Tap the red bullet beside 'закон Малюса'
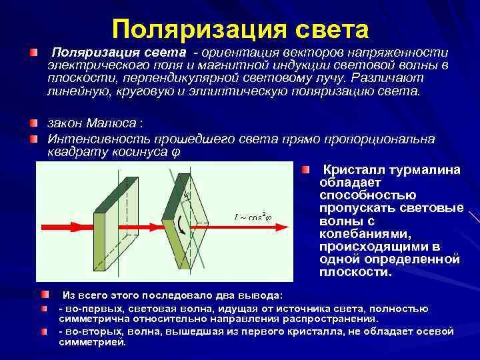click(33, 124)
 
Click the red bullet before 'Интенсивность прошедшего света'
click(33, 139)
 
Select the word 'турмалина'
click(427, 170)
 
